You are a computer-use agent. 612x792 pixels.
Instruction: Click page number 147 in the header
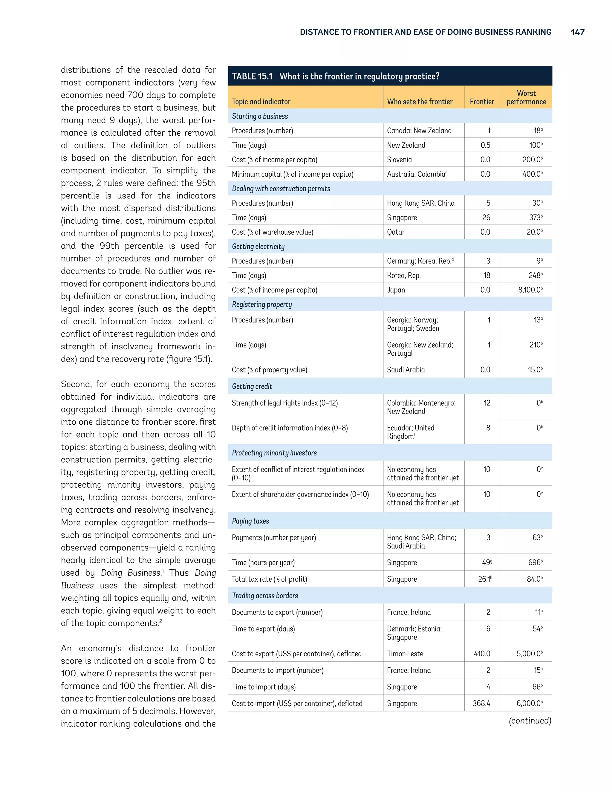577,32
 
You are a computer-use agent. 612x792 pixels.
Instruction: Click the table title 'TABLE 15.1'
252,76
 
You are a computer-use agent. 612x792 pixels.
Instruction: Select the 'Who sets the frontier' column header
420,102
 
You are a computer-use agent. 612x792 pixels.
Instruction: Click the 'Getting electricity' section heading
258,247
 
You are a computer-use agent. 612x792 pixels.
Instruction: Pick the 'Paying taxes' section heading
250,521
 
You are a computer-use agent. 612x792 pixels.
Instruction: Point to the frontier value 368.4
481,704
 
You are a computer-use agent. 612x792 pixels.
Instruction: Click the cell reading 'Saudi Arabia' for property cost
406,370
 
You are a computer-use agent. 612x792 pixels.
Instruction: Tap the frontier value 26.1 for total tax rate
484,579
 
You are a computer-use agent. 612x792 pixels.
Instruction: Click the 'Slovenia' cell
399,160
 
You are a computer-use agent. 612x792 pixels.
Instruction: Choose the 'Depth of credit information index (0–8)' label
290,428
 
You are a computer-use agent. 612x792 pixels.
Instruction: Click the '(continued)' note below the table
530,721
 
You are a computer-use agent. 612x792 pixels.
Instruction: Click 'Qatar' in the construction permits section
396,232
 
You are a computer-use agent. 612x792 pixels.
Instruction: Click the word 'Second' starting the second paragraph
75,384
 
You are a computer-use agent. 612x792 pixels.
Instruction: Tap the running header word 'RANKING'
533,32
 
